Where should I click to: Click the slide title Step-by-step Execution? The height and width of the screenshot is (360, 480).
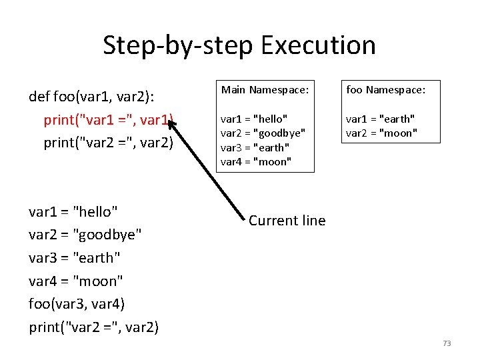click(x=239, y=45)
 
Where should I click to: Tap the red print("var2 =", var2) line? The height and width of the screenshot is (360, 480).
click(x=108, y=143)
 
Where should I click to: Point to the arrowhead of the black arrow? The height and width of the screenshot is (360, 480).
click(x=172, y=123)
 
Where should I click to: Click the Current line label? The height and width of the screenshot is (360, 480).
click(x=287, y=221)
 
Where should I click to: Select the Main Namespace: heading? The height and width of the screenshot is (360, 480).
click(x=265, y=89)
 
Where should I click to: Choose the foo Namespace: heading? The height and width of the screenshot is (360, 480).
click(x=385, y=89)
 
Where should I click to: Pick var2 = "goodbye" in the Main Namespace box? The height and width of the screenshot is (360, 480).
click(x=263, y=133)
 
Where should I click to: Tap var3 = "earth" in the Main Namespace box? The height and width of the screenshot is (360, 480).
click(x=255, y=147)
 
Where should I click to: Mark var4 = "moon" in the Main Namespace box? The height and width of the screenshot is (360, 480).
click(x=256, y=161)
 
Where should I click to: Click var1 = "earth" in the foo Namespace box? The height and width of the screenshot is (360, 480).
click(x=380, y=119)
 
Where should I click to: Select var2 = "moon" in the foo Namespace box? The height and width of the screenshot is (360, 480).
click(x=381, y=133)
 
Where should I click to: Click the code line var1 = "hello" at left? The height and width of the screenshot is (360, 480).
click(x=73, y=212)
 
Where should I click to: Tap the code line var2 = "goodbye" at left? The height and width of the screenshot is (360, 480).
click(x=85, y=235)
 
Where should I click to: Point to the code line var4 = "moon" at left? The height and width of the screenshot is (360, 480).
click(x=75, y=281)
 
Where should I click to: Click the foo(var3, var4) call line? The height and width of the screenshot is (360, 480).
click(x=77, y=304)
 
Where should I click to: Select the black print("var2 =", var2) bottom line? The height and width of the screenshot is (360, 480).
click(x=93, y=327)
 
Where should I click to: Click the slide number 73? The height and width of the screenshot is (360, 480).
click(x=446, y=343)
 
